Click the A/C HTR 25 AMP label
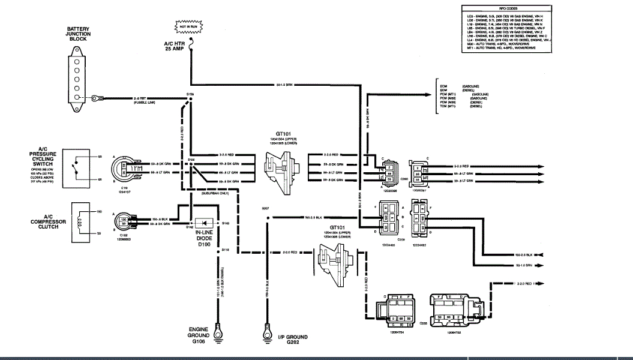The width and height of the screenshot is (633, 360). [x=177, y=47]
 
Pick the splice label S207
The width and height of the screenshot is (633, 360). [x=265, y=208]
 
